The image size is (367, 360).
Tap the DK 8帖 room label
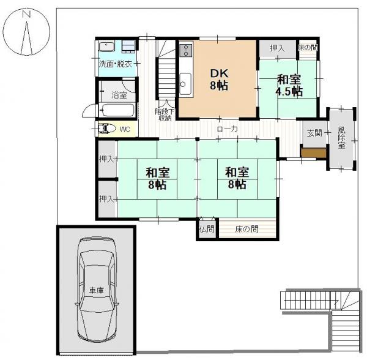[x=218, y=78]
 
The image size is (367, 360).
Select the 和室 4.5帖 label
[x=289, y=85]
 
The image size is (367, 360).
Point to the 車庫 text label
[x=96, y=290]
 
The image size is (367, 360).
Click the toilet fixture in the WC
[x=107, y=129]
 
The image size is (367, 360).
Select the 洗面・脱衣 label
[x=116, y=64]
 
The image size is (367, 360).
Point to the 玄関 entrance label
[x=314, y=133]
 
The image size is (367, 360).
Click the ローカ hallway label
[x=227, y=129]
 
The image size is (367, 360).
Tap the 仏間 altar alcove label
[x=206, y=230]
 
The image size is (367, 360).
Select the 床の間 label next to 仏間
[x=247, y=230]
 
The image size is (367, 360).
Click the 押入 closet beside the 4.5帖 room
[x=276, y=48]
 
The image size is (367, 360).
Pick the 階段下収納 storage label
[x=165, y=114]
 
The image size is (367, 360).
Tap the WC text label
[x=124, y=129]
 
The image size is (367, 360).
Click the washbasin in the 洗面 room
[x=105, y=47]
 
